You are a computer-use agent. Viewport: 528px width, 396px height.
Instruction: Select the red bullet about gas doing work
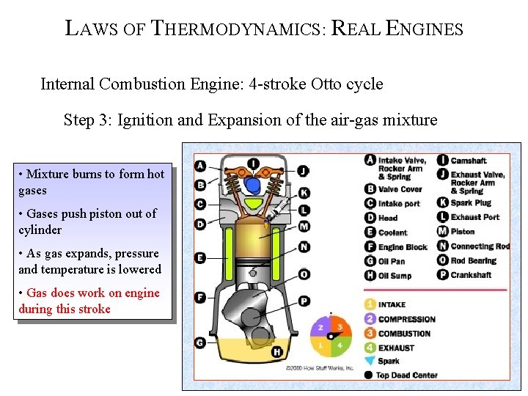pos(89,301)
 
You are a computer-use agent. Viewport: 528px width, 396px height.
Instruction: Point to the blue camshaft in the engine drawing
pos(253,183)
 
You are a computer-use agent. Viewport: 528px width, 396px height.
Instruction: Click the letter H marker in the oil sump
pos(276,353)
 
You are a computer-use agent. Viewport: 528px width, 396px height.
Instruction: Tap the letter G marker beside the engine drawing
pos(199,342)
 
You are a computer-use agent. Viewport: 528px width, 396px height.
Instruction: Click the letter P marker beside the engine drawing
pos(304,301)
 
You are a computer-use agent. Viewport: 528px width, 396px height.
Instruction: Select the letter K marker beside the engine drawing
pos(304,193)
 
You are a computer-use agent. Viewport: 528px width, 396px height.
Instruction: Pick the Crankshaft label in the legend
pos(472,275)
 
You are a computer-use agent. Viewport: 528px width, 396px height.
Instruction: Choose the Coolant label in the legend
pos(392,232)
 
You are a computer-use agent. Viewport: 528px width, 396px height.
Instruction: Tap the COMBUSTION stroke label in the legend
pos(404,333)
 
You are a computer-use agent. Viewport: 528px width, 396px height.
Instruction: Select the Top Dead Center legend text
pos(406,375)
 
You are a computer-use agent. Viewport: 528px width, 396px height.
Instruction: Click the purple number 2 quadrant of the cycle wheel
pos(320,328)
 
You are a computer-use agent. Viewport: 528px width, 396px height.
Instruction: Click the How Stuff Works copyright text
pos(320,367)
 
